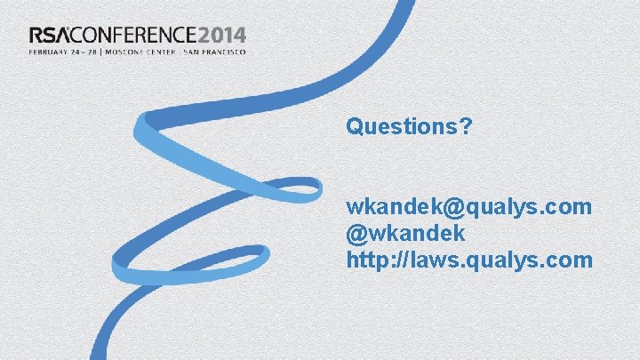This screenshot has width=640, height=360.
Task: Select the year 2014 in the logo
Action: coord(221,36)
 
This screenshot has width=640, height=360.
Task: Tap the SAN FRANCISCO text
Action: coord(214,51)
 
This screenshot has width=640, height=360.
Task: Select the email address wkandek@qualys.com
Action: coord(469,207)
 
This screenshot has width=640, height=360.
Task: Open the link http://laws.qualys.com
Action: coord(469,260)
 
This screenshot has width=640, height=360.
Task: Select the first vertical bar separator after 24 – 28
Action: coord(102,51)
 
